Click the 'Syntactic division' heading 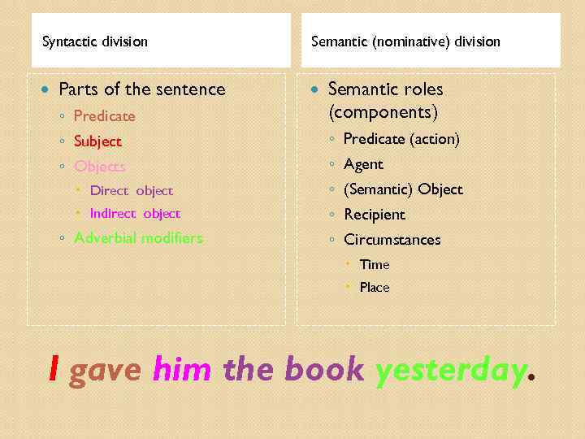pyautogui.click(x=95, y=41)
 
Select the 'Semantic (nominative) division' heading pyautogui.click(x=405, y=41)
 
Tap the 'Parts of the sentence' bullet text pyautogui.click(x=142, y=89)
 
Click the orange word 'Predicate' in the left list pyautogui.click(x=104, y=116)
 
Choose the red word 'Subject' pyautogui.click(x=97, y=141)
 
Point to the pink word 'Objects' pyautogui.click(x=99, y=167)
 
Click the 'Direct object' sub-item pyautogui.click(x=131, y=191)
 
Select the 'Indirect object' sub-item pyautogui.click(x=135, y=214)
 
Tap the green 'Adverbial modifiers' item pyautogui.click(x=138, y=238)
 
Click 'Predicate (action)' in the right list pyautogui.click(x=401, y=140)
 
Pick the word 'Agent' pyautogui.click(x=363, y=164)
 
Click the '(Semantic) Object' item pyautogui.click(x=403, y=189)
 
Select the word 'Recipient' pyautogui.click(x=374, y=215)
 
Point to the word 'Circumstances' pyautogui.click(x=392, y=240)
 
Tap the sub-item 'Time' pyautogui.click(x=375, y=264)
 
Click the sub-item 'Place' pyautogui.click(x=375, y=287)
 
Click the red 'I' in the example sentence pyautogui.click(x=54, y=370)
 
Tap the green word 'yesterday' pyautogui.click(x=451, y=371)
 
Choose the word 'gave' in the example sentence pyautogui.click(x=106, y=371)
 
